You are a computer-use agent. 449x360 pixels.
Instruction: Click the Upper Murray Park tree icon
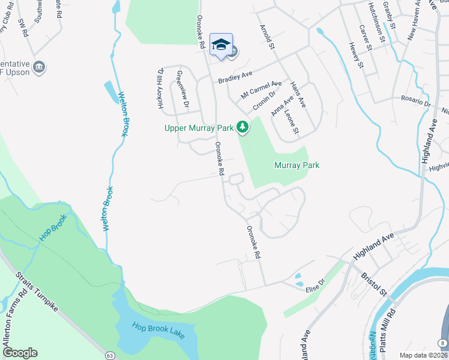(243, 127)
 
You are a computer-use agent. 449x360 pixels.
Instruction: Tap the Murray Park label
(297, 165)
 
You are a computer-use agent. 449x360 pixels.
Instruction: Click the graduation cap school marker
(221, 44)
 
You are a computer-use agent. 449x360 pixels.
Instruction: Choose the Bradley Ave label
(235, 77)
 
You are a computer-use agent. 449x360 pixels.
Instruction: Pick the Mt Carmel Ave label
(261, 89)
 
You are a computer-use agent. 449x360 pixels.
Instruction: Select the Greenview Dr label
(182, 90)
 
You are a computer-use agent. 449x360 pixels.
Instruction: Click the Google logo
(20, 353)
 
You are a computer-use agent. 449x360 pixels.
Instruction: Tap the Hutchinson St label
(376, 22)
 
